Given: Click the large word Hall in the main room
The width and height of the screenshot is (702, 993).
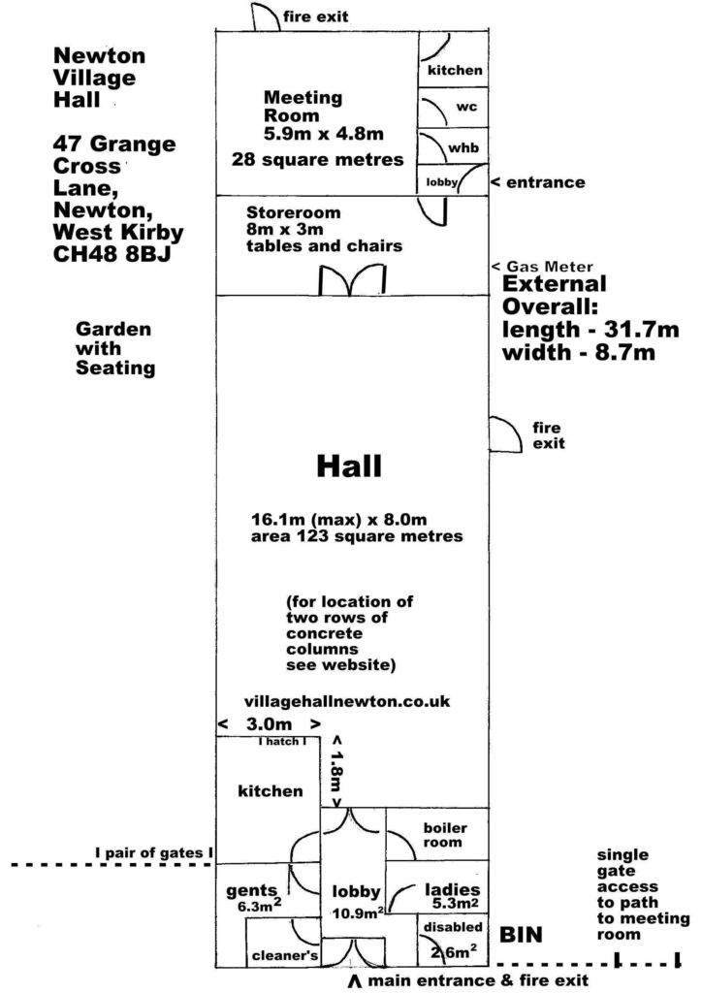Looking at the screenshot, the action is coord(349,465).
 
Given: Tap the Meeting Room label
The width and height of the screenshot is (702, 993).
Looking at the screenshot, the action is coord(303,107).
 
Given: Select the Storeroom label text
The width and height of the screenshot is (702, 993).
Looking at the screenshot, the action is coord(293,212).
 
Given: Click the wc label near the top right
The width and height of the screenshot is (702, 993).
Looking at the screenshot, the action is coord(466,107).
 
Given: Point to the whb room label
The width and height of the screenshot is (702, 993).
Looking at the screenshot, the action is coord(463,147).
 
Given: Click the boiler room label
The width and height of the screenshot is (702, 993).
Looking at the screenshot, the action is coord(445,835).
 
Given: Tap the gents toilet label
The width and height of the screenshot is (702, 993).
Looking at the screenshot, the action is coord(252,892).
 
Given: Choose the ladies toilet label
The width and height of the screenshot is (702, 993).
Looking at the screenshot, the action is coord(452,890).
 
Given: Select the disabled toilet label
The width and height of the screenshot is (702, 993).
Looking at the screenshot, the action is coord(453,926).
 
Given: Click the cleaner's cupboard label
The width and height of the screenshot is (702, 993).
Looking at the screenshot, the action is coord(285,955).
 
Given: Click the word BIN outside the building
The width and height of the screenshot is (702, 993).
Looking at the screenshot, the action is coord(521,935).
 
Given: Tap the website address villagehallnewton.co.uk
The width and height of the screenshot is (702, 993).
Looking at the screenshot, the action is coord(347,702).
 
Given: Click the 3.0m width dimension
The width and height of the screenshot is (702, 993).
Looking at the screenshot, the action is coord(269,723).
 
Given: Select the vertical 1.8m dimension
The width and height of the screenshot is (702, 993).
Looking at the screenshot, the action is coord(336,771).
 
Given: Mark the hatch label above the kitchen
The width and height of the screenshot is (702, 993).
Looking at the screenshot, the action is coord(282,741).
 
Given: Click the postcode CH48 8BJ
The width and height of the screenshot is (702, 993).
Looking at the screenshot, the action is coord(112,253).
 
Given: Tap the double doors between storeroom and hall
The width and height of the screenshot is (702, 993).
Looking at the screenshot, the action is coord(352,280).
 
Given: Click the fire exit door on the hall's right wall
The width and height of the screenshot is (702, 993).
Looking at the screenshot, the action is coord(505,434).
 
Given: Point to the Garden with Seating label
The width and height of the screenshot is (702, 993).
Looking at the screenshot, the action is coord(115,348).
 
